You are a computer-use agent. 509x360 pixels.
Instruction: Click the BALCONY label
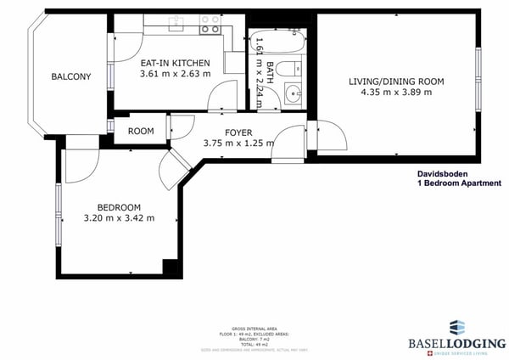71,77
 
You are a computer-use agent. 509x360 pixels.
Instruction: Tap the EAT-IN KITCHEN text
176,62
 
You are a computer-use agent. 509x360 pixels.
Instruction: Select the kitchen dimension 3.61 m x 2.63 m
176,74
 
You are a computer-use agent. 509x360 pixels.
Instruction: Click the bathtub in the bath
281,42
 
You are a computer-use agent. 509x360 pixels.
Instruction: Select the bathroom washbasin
294,94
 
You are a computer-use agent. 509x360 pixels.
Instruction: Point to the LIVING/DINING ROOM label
396,82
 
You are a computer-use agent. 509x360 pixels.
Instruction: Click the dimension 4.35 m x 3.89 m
396,93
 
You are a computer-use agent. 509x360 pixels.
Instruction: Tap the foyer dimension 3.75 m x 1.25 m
238,143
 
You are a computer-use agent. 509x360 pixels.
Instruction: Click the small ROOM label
141,131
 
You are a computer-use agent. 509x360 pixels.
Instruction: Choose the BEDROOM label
119,207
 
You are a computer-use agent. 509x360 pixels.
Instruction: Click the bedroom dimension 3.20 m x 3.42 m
119,218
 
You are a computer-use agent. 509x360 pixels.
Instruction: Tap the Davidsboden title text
444,172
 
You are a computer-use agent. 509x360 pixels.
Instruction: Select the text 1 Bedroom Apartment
458,183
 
